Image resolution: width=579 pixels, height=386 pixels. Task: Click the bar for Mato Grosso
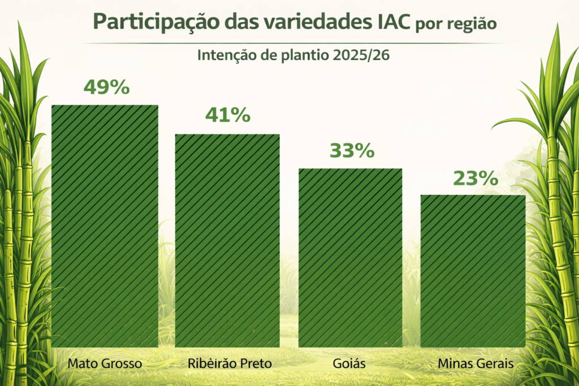pos(105,226)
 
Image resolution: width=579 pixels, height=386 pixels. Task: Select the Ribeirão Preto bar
pos(227,240)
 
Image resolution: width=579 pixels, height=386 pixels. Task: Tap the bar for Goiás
pos(350,258)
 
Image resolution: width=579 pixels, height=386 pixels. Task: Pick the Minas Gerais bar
pos(473,271)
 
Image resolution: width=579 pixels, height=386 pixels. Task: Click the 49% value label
pos(107,87)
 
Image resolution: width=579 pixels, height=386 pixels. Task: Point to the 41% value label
pos(228,115)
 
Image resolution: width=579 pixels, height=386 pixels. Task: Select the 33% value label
pos(351,151)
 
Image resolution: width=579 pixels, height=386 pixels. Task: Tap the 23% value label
pos(475,178)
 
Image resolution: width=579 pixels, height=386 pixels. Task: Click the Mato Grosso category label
pos(105,363)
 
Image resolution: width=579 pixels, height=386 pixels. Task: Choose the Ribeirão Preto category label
pos(229,363)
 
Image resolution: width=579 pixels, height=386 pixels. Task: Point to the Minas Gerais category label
pos(476,363)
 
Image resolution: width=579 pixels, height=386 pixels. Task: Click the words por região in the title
pos(456,24)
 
